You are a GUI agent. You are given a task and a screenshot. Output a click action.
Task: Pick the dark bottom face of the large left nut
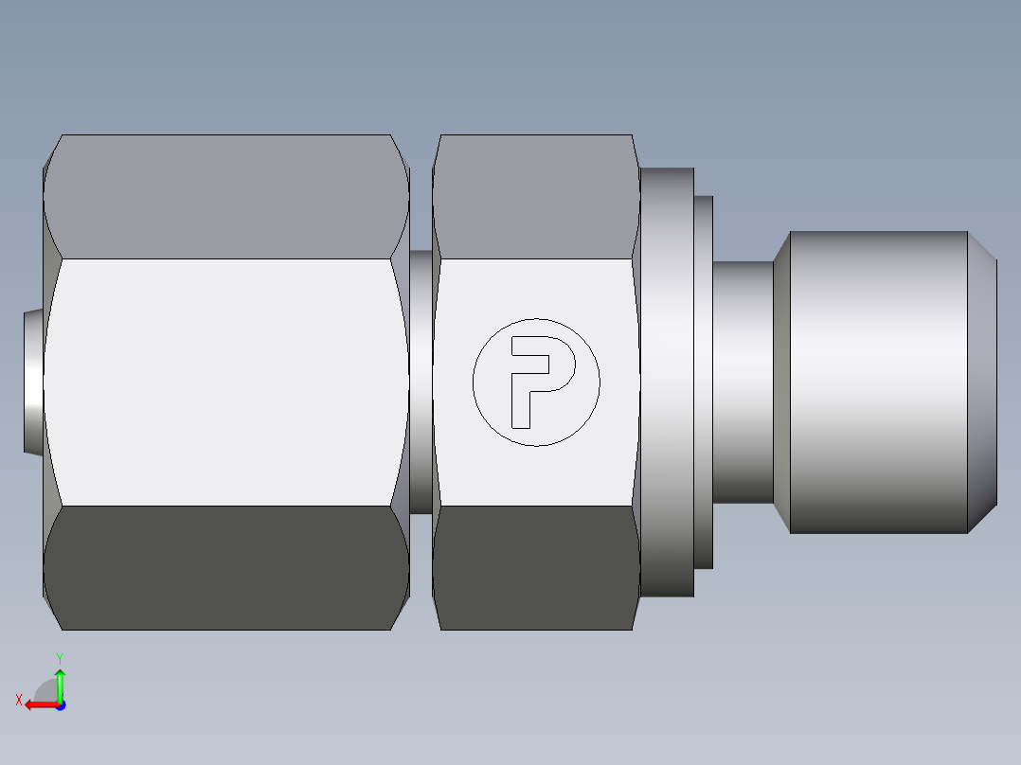[226, 567]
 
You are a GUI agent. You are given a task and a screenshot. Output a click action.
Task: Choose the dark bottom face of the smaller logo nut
[535, 567]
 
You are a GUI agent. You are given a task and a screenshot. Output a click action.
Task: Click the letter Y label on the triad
[59, 656]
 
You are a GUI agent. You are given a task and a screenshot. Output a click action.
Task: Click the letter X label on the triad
[19, 700]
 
